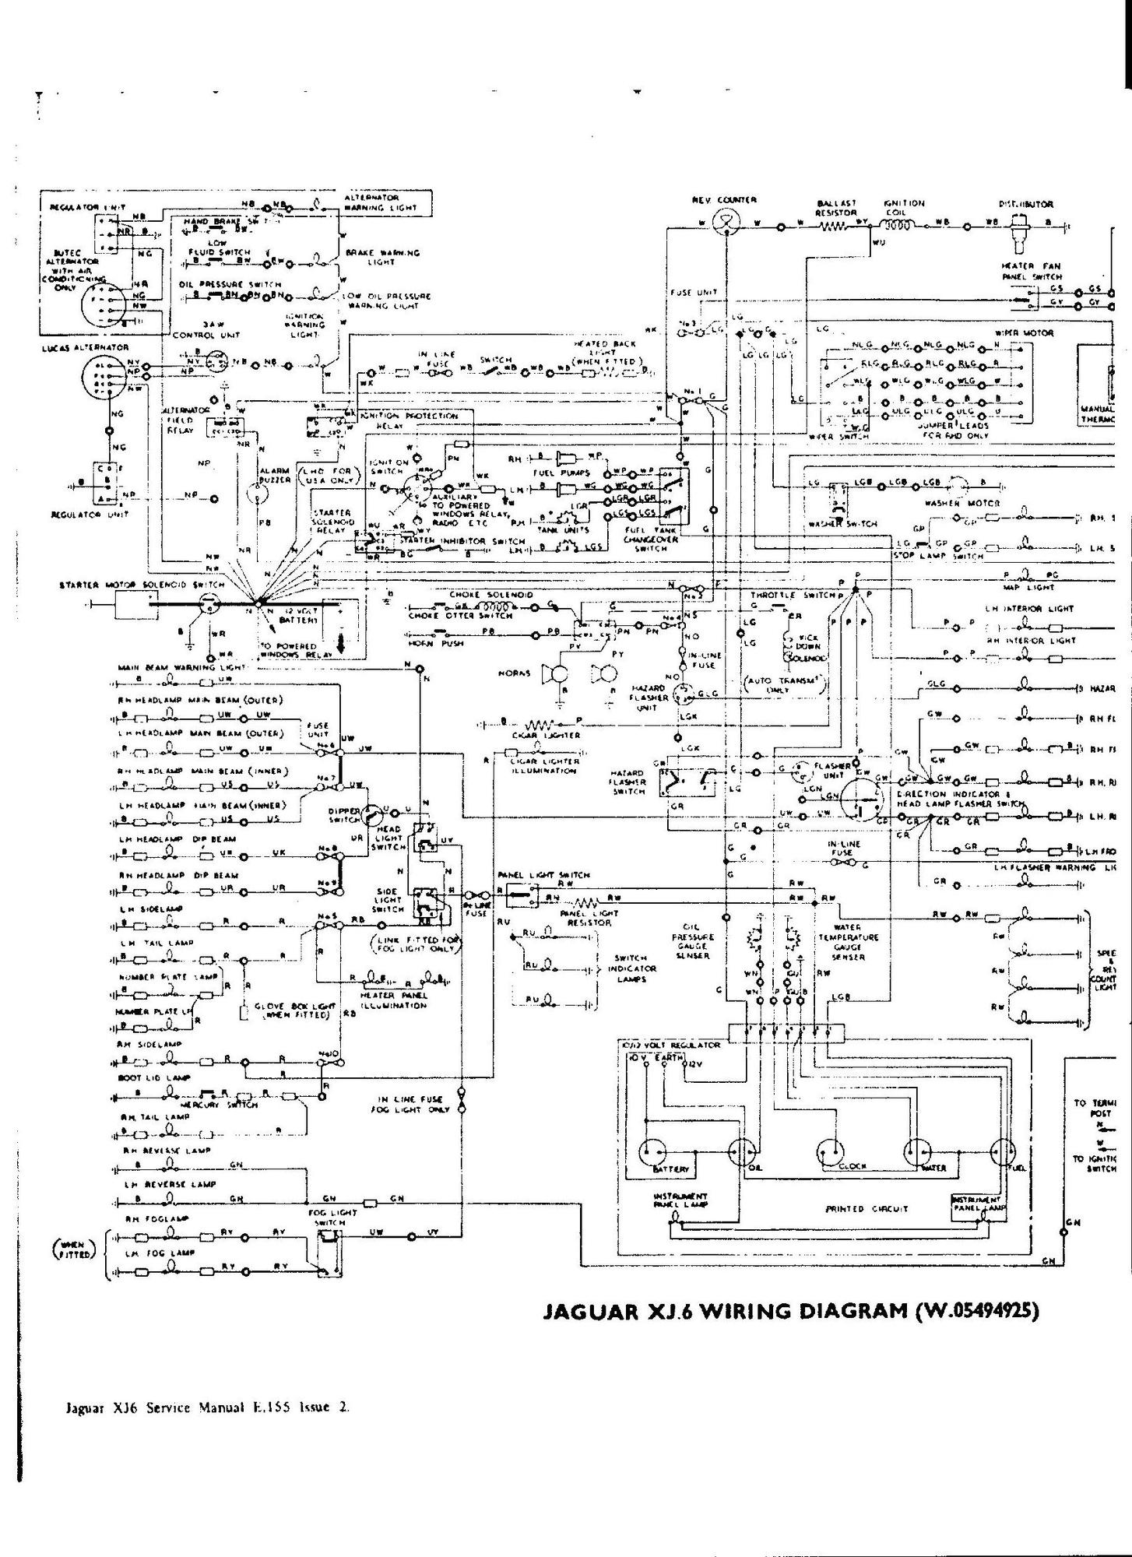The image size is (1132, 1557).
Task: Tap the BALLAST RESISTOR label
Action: [x=836, y=208]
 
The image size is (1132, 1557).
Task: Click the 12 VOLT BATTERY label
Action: [x=299, y=615]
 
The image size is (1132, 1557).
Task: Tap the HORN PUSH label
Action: [x=424, y=643]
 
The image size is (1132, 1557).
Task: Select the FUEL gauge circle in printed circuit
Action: [x=1004, y=1151]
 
